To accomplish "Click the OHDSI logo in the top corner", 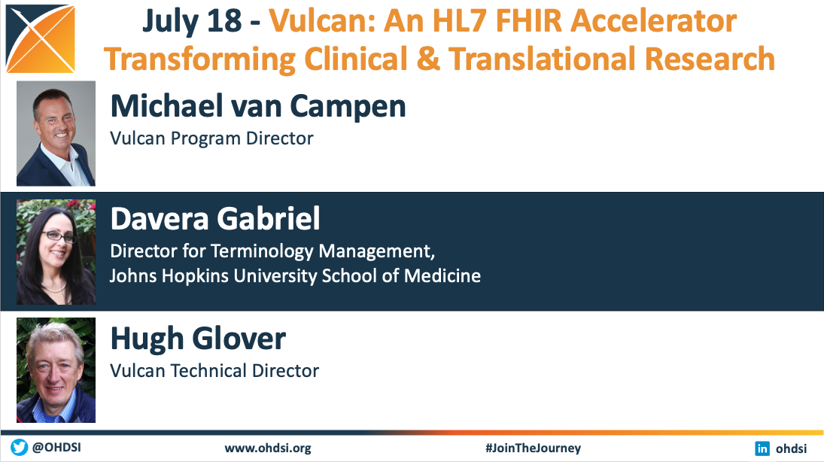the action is coord(41,39).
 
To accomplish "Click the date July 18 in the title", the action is coord(192,21).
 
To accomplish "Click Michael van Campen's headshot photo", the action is coord(56,133).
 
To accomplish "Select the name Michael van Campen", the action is coord(258,106).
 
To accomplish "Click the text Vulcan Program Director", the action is coord(211,138).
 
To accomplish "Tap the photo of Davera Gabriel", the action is coord(56,252).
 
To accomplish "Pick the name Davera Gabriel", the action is coord(215,218).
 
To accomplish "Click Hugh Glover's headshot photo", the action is coord(56,370).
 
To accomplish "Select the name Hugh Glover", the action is coord(198,338).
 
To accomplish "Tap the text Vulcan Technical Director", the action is coord(214,370).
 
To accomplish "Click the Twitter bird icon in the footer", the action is coord(20,447).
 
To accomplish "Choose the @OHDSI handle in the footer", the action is coord(56,447).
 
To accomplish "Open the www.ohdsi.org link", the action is coord(268,448).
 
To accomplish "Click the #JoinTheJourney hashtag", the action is coord(533,448).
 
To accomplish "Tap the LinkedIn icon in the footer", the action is coord(762,448).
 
